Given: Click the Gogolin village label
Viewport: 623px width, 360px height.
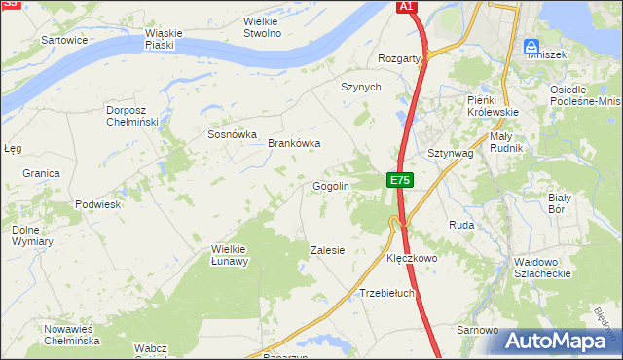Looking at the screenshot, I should (330, 186).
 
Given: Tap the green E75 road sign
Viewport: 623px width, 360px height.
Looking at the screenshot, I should (400, 180).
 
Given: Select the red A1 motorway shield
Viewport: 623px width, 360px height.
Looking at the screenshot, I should (407, 7).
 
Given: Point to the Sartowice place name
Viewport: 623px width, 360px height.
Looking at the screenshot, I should (65, 40).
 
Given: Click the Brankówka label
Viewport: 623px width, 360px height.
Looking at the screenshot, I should (294, 143).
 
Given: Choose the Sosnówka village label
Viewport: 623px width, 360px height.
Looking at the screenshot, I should (232, 134).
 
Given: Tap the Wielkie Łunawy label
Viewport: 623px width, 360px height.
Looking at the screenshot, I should (231, 255).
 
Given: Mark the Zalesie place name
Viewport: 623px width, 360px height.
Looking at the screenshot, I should (327, 250).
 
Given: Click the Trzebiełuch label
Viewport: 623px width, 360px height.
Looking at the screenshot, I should (387, 293).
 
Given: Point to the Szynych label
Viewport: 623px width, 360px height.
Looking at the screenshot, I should (360, 87).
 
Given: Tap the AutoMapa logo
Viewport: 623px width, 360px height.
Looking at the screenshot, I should (563, 341).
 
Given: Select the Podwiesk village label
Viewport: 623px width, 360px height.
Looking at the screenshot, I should (97, 205).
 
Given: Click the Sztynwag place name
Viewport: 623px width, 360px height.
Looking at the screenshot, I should (451, 153).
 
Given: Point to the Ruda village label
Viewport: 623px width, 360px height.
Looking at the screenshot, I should (460, 225).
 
